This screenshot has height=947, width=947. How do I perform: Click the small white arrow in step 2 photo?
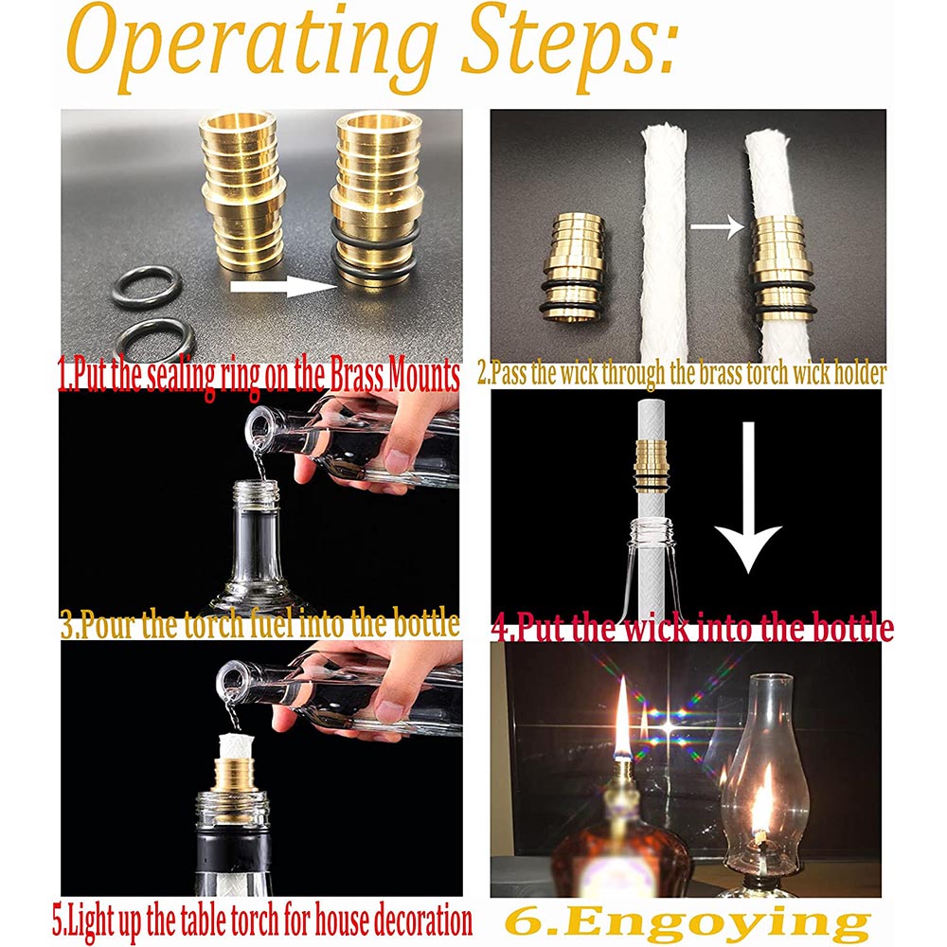(x=718, y=227)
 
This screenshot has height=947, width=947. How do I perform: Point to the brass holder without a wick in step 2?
(x=573, y=266)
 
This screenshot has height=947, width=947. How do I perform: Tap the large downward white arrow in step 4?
(x=748, y=496)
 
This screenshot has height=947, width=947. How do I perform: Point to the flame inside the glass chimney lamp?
(x=761, y=798)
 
